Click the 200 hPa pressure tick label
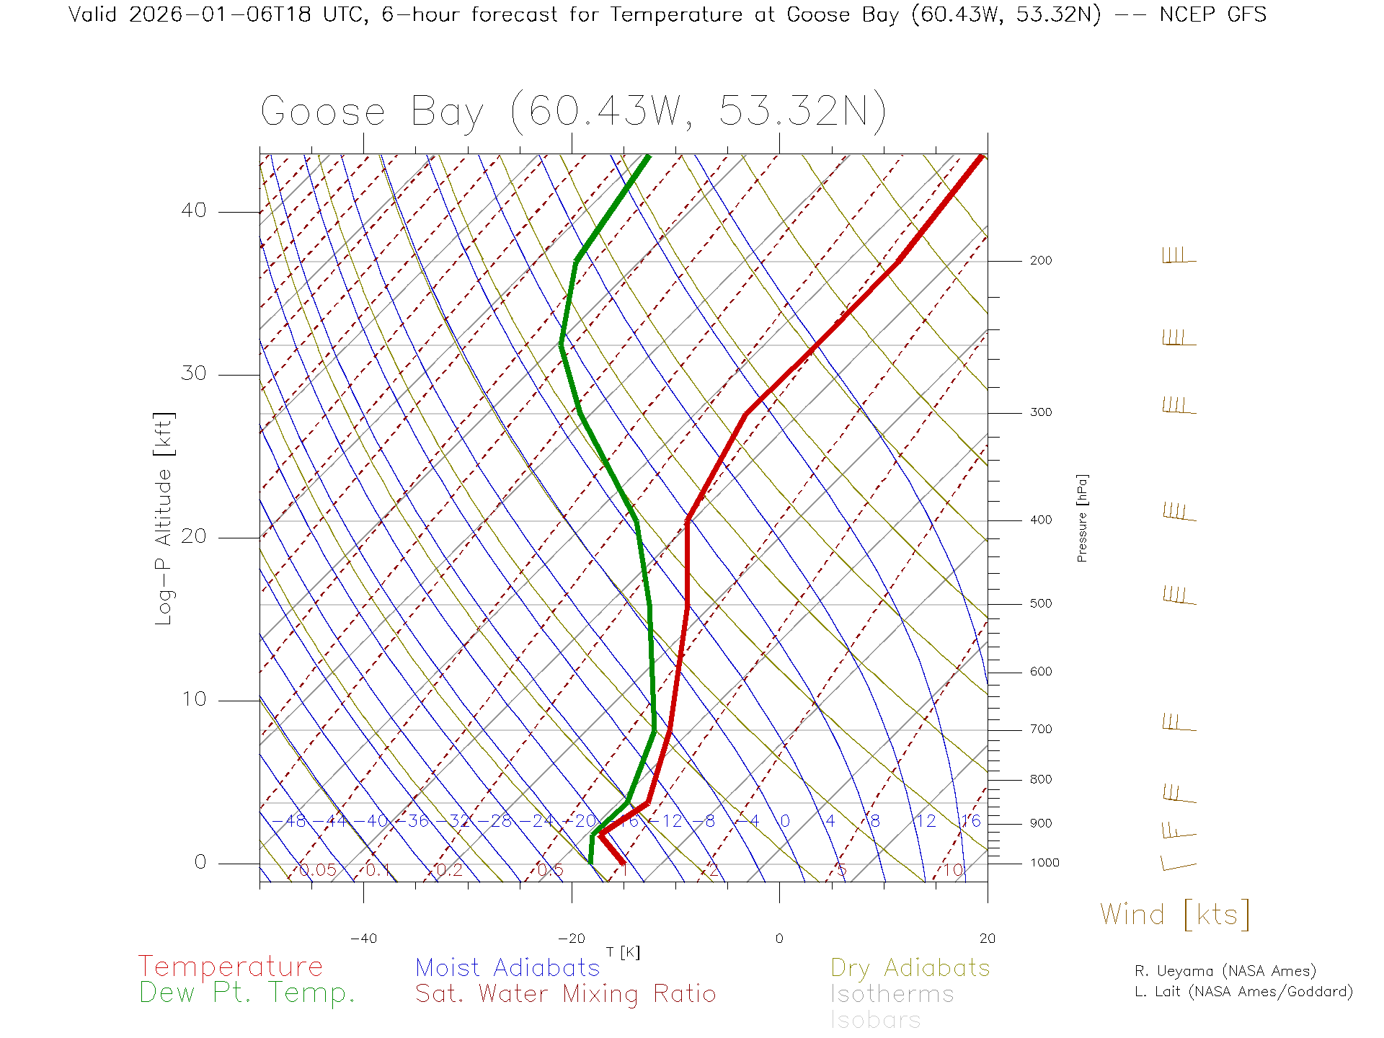click(1040, 261)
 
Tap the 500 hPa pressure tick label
click(1040, 604)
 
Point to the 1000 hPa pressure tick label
click(1044, 863)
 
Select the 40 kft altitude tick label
click(193, 210)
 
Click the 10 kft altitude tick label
click(193, 699)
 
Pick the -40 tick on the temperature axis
click(363, 939)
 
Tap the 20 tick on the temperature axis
click(987, 939)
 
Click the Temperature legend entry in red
click(230, 967)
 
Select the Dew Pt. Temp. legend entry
click(247, 993)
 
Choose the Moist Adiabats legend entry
click(507, 967)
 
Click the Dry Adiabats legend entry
click(910, 967)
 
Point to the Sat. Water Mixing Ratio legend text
click(565, 994)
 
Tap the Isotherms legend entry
click(892, 994)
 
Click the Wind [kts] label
click(1174, 915)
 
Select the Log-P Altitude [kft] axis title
click(164, 519)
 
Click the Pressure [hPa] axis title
click(1082, 518)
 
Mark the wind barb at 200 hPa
click(1179, 256)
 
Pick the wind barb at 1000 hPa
click(1178, 863)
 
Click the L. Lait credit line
click(1243, 992)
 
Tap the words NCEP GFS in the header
click(1212, 14)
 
